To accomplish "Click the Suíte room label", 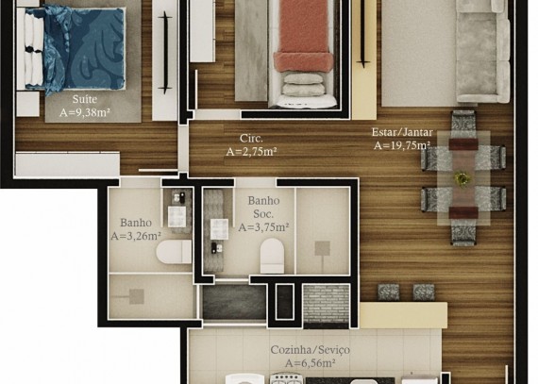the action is (84, 99).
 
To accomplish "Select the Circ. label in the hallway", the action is (251, 139).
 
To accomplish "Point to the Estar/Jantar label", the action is (402, 132).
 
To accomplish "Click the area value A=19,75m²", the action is (402, 145).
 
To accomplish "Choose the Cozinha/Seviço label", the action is (311, 350).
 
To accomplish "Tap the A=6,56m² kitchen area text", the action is (311, 362).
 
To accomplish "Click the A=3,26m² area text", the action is (136, 236).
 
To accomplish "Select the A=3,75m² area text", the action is (263, 227).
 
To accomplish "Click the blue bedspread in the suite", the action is (82, 48).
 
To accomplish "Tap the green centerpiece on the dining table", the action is (462, 178).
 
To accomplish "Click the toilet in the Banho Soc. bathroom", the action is (272, 256).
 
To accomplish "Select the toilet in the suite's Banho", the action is (174, 252).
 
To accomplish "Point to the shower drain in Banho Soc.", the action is (322, 248).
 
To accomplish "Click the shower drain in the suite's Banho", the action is (137, 296).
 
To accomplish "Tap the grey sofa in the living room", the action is (483, 52).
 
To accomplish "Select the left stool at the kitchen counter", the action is (389, 292).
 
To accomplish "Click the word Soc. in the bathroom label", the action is (263, 214).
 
